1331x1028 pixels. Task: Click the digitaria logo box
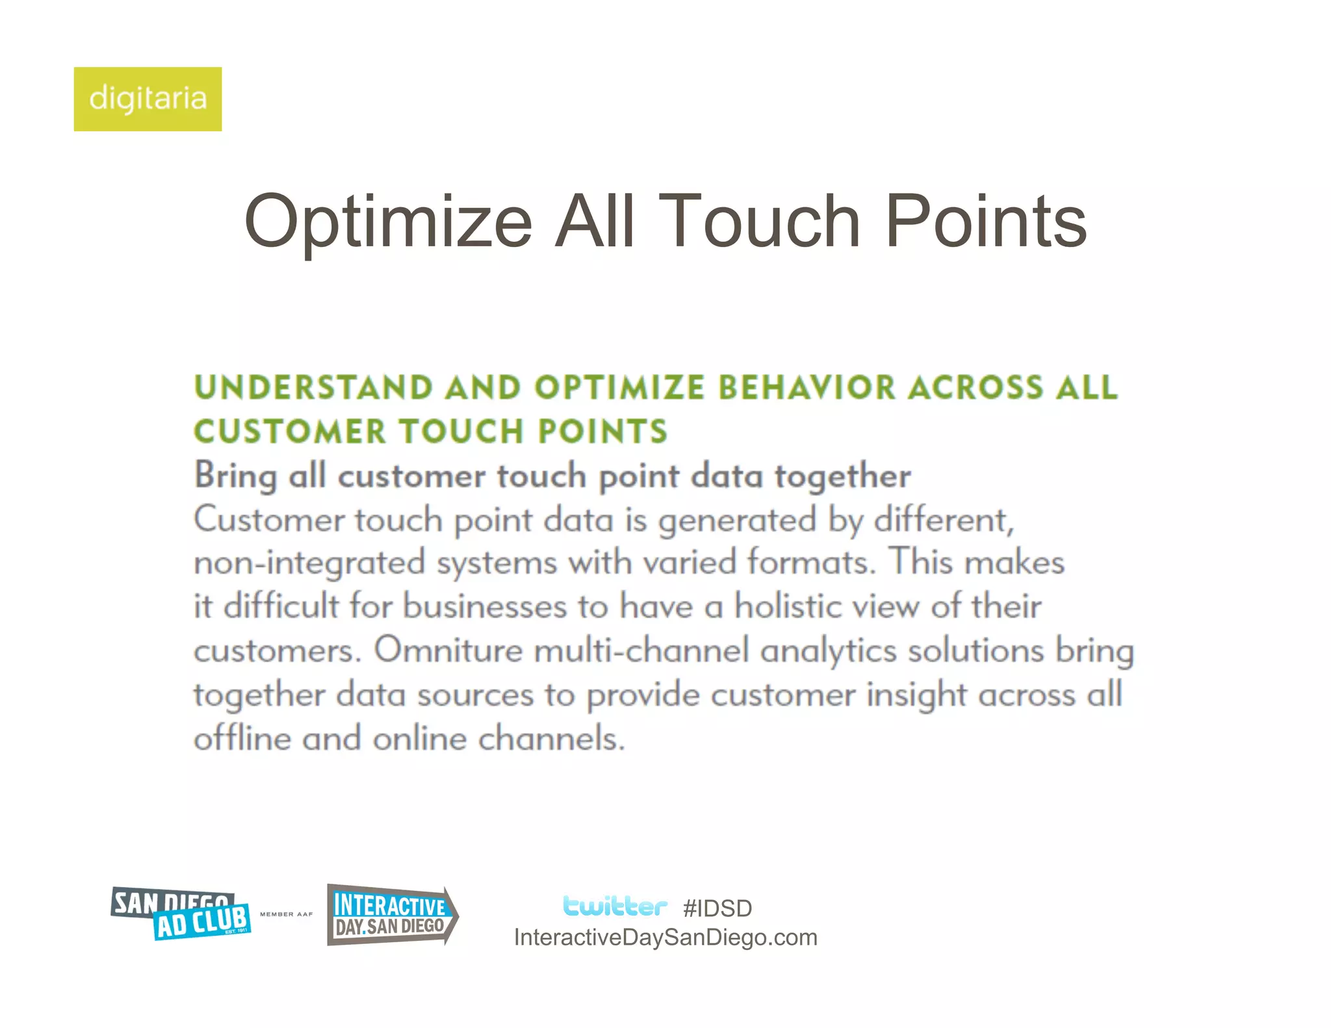tap(148, 99)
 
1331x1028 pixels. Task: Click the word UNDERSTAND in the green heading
tap(313, 388)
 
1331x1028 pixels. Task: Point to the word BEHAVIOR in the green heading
tap(807, 388)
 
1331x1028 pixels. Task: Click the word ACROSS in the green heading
tap(976, 388)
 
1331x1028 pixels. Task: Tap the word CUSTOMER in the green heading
tap(290, 431)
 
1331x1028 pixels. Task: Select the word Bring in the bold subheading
tap(235, 476)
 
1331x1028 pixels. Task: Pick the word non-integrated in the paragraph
tap(309, 563)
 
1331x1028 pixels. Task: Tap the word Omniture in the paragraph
tap(448, 650)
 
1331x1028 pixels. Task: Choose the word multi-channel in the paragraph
tap(641, 650)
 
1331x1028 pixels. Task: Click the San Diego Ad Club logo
tap(181, 914)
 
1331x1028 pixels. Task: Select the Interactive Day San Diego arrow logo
tap(392, 915)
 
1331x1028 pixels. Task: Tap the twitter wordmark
tap(614, 906)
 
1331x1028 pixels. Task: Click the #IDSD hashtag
tap(717, 908)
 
